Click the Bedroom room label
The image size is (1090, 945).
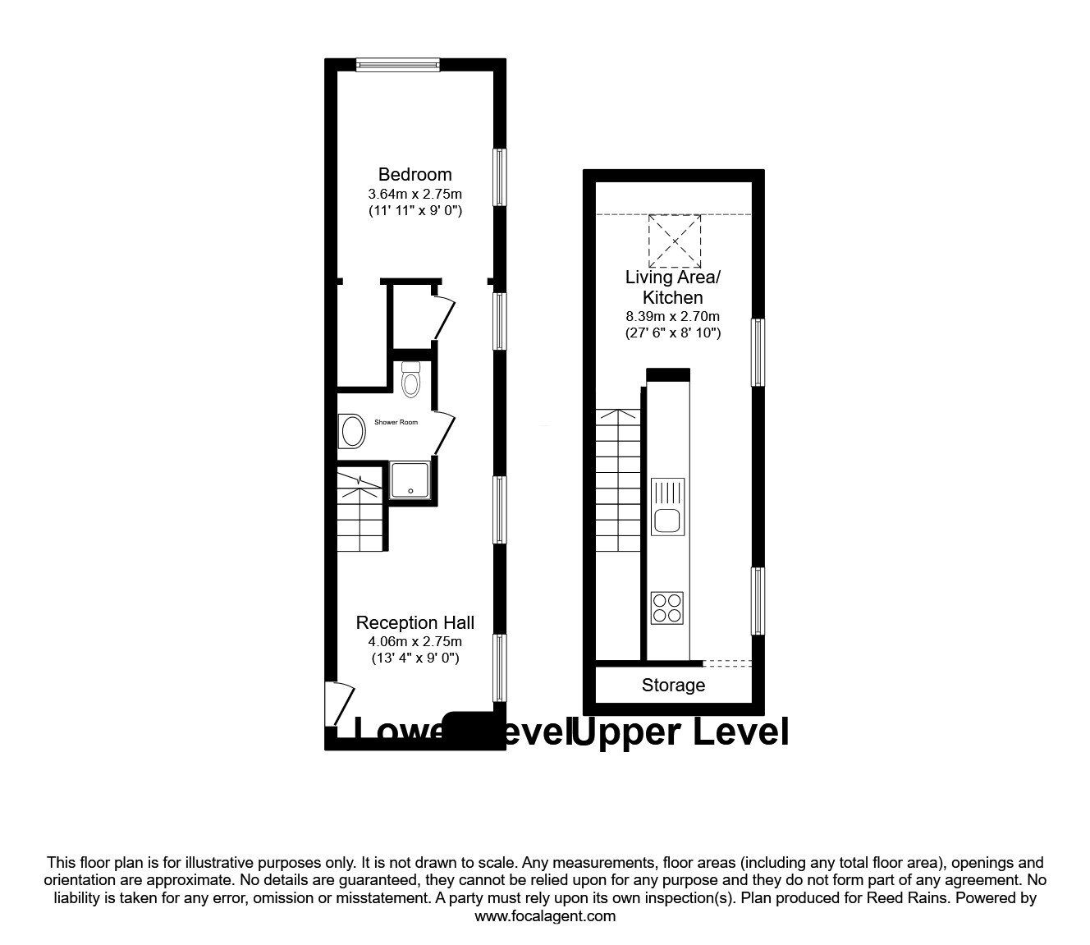[x=414, y=174]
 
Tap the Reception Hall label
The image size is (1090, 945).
[x=414, y=623]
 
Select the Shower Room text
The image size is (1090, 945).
[x=396, y=422]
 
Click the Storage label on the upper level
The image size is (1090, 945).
[x=673, y=685]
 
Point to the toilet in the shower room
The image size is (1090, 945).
[x=411, y=379]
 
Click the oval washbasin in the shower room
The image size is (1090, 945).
[x=354, y=431]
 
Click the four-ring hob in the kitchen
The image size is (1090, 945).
[x=666, y=607]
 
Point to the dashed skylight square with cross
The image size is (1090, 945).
[x=675, y=241]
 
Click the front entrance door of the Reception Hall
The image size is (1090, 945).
[x=339, y=703]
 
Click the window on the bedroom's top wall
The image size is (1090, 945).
[x=398, y=64]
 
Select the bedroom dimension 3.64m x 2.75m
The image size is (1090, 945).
[x=414, y=195]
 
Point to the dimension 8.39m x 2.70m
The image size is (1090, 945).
[x=672, y=316]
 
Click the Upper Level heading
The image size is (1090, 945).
[x=680, y=732]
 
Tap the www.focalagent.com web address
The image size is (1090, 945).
[x=545, y=916]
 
